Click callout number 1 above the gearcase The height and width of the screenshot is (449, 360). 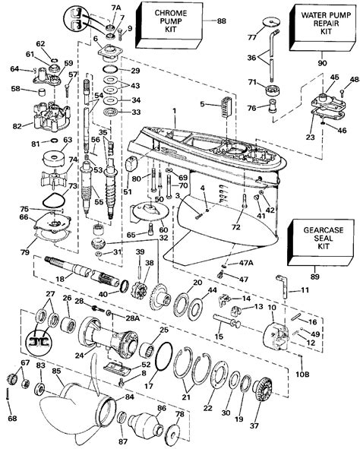(174, 112)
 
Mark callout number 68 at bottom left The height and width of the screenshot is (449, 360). (11, 418)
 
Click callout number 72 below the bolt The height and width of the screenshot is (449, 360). (237, 227)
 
